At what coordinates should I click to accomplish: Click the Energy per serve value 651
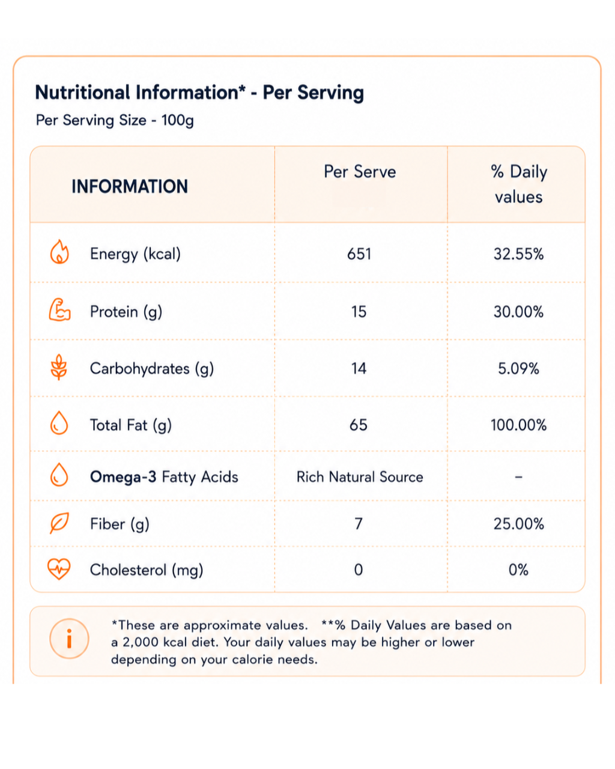point(359,254)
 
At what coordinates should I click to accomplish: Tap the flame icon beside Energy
point(59,252)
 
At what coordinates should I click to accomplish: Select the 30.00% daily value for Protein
point(518,312)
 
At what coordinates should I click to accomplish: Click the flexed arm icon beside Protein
point(59,310)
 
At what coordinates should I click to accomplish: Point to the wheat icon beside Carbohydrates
point(59,367)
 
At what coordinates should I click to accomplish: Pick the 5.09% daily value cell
point(518,369)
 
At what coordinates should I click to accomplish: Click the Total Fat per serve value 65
point(359,425)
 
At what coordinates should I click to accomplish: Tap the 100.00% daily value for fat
point(518,425)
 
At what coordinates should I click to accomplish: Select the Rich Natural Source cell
point(360,477)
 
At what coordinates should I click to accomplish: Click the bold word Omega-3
point(123,477)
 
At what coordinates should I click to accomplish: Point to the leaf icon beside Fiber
point(59,523)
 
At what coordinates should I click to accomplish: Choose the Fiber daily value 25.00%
point(518,524)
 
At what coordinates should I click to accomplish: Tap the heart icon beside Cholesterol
point(59,569)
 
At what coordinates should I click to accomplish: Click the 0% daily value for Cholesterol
point(518,570)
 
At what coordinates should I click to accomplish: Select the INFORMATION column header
point(130,186)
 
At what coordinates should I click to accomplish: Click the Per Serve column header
point(360,172)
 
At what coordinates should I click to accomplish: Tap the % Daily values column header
point(518,184)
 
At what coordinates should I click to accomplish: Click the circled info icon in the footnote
point(69,639)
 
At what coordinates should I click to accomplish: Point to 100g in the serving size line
point(178,120)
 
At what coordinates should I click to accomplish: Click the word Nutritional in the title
point(82,93)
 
